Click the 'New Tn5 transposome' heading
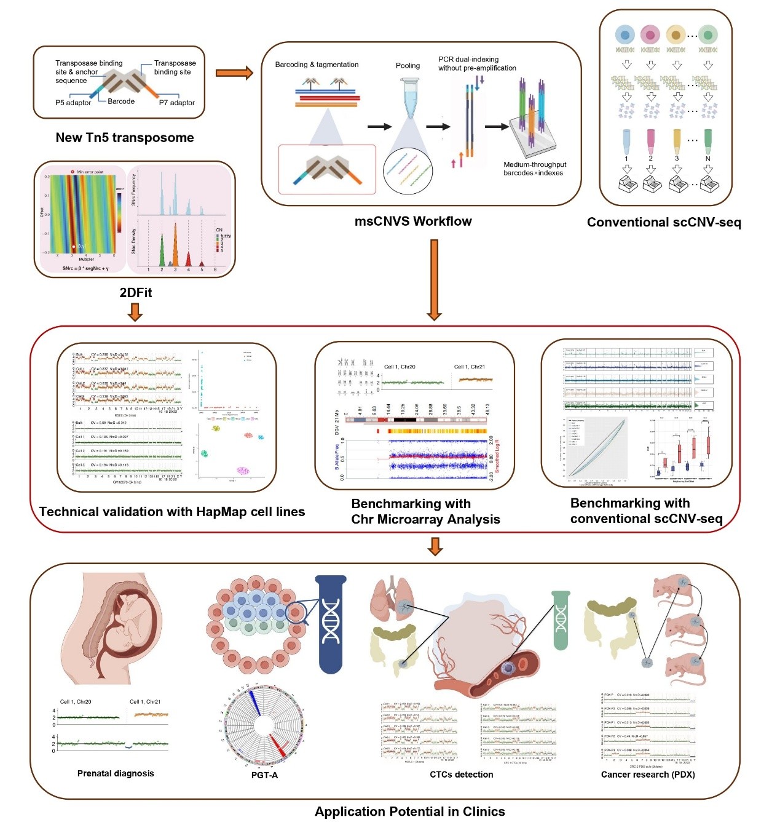(124, 138)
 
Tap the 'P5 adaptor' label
(73, 103)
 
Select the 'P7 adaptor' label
(176, 103)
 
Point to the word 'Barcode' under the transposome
(121, 102)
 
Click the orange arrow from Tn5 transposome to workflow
(234, 73)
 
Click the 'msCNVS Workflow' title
(413, 221)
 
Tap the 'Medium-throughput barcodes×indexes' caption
(534, 169)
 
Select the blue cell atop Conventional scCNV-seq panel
(624, 34)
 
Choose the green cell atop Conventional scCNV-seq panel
(708, 34)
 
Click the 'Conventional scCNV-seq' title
(664, 223)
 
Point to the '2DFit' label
(135, 293)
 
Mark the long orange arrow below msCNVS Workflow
(435, 279)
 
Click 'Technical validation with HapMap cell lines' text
(172, 512)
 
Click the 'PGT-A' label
(264, 775)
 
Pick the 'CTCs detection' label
(461, 775)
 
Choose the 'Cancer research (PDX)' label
(648, 775)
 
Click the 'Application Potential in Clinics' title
(409, 811)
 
